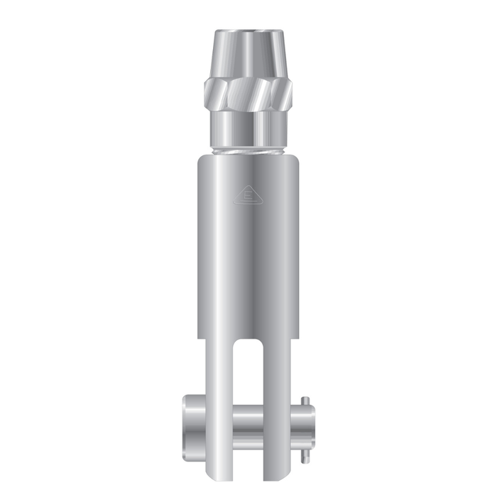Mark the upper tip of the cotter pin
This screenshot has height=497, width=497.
(x=306, y=398)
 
